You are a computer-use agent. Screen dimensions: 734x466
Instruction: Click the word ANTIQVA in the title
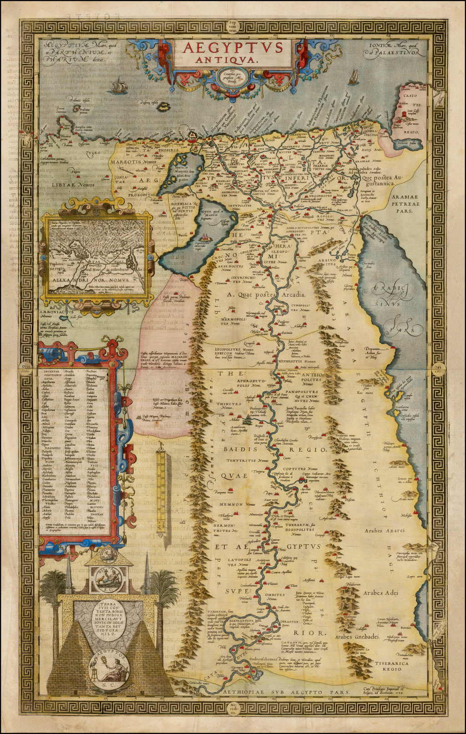tap(232, 59)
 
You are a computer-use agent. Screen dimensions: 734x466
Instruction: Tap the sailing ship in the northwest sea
tap(119, 85)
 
